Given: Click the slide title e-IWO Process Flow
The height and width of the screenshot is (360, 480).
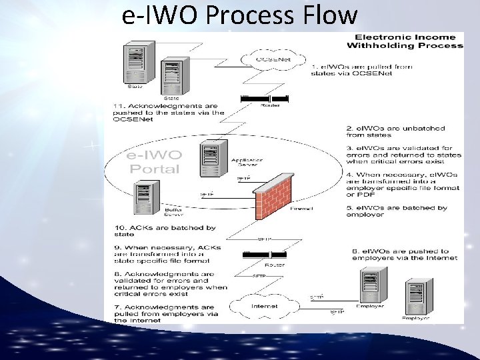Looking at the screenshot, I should tap(240, 15).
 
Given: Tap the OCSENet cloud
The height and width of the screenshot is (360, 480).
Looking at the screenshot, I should tap(273, 59).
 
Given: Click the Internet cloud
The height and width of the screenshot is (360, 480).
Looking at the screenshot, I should tap(265, 306).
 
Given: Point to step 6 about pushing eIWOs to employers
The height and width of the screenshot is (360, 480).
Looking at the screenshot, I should tap(405, 254).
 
